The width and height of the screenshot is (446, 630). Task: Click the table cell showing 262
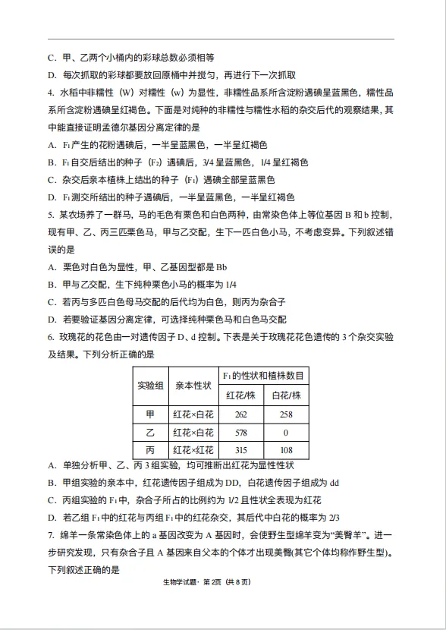[241, 414]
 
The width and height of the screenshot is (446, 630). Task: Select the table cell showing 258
[286, 414]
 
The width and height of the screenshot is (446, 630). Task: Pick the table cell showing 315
[241, 450]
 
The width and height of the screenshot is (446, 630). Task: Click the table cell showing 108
[286, 450]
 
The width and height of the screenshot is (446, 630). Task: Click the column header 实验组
[150, 386]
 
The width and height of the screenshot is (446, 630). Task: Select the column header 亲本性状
[193, 386]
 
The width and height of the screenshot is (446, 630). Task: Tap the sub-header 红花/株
[241, 395]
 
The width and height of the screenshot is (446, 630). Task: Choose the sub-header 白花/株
[286, 395]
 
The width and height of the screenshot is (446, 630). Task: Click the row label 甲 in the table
[150, 414]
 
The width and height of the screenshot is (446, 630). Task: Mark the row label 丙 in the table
[150, 450]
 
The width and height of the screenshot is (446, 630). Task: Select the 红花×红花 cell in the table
[193, 450]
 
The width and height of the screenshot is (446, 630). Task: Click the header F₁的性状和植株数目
[263, 376]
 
